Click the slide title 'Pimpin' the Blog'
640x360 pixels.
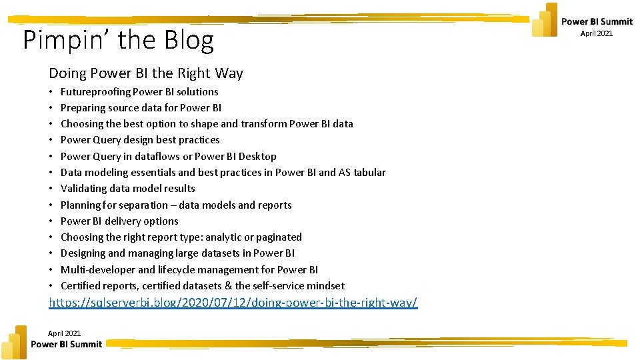pos(119,41)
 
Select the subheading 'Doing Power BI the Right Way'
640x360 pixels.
pos(145,73)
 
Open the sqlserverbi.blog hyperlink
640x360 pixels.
pos(233,303)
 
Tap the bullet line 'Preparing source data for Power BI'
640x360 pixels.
pos(141,108)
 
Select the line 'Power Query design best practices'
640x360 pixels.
pos(140,140)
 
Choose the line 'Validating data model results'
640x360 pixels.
pos(127,189)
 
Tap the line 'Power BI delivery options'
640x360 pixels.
pos(119,221)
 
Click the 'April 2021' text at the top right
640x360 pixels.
pos(596,33)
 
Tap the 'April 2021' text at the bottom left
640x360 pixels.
pos(64,333)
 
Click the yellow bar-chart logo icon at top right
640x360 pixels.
pos(545,20)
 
